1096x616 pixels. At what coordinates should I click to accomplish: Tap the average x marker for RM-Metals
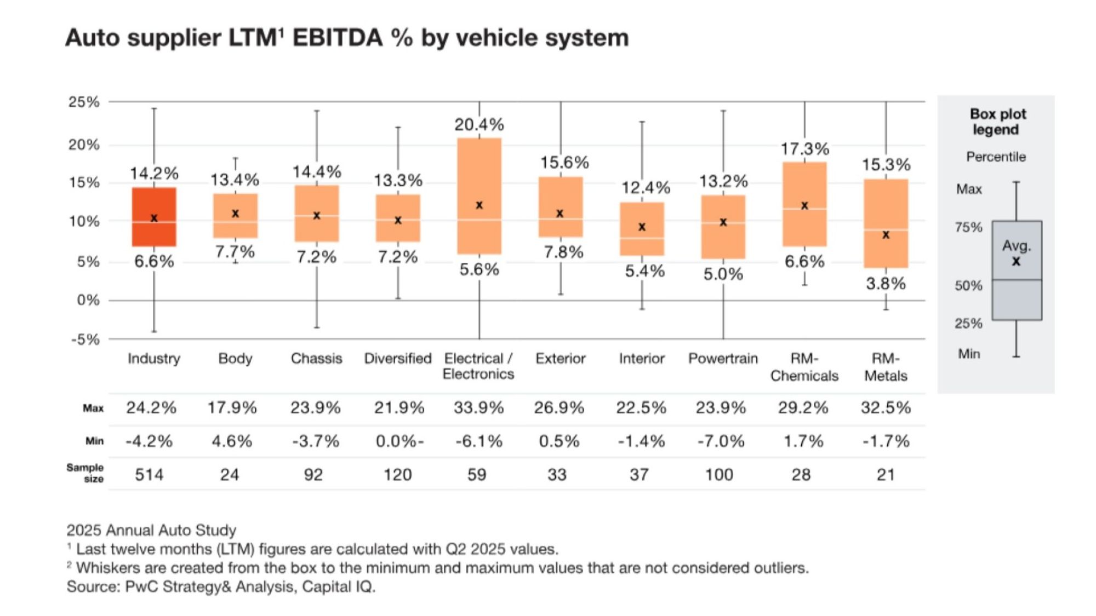tap(886, 235)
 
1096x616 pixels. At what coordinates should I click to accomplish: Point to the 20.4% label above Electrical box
tap(479, 125)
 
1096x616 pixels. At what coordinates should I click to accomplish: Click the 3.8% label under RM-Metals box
tap(886, 284)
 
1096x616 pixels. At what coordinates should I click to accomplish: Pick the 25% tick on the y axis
tap(84, 102)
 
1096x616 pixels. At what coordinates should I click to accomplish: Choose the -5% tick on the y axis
tap(85, 339)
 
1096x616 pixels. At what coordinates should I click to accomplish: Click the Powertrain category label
tap(723, 359)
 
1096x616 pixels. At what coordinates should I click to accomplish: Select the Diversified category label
tap(398, 359)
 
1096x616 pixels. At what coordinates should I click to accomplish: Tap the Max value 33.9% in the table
tap(478, 408)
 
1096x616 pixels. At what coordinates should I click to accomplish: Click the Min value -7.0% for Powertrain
tap(721, 441)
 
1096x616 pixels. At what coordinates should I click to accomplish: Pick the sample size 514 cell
tap(149, 475)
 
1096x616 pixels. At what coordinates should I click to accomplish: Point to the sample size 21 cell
tap(886, 475)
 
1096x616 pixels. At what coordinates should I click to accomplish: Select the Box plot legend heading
tap(997, 122)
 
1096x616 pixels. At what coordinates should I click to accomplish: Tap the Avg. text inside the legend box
tap(1017, 246)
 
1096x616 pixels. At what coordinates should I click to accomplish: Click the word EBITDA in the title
tap(337, 38)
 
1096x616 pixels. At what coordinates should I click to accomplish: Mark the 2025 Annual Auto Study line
tap(151, 530)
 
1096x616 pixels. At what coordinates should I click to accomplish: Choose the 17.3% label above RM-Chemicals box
tap(804, 149)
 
